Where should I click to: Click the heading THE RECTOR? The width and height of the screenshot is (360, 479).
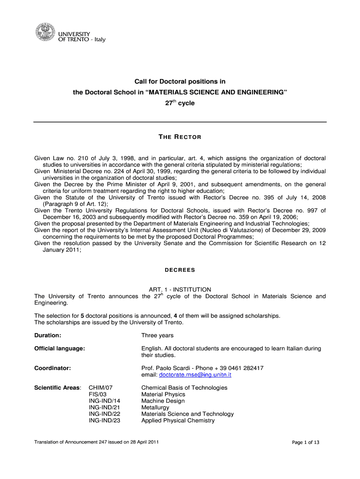180,137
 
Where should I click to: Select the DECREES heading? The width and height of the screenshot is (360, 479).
180,270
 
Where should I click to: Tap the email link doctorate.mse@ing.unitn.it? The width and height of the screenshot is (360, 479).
195,375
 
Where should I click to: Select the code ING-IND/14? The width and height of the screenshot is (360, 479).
104,401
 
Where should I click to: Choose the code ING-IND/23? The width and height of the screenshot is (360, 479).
104,421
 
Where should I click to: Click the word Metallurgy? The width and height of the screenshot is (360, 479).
155,407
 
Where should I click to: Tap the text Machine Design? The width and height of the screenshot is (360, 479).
163,401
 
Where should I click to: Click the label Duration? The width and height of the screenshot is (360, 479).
48,335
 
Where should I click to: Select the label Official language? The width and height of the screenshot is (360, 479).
59,348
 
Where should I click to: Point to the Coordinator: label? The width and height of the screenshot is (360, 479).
52,368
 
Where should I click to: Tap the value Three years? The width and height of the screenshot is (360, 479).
157,335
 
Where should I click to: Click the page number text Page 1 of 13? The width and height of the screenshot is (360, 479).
305,443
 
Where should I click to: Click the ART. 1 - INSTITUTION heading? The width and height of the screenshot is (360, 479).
180,290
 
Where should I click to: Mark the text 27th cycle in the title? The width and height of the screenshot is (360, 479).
180,103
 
